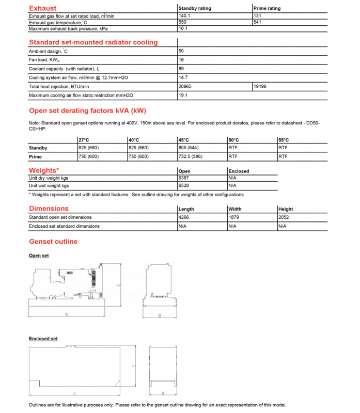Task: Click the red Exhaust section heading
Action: pos(43,8)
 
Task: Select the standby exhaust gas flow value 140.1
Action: pos(185,16)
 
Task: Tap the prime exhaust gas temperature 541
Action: pos(258,22)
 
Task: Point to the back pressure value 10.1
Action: pos(183,29)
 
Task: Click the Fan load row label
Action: pos(44,60)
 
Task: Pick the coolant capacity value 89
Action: pos(181,69)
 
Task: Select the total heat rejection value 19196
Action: pos(260,86)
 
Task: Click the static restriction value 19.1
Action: pos(183,95)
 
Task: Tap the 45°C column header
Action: pos(184,140)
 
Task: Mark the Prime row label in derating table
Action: pos(35,156)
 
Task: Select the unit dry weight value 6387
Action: pos(184,178)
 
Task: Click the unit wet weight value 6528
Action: pos(184,185)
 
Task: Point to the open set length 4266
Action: pos(184,217)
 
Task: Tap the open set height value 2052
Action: pos(285,217)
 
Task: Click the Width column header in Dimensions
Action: pos(234,209)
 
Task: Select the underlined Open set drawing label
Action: pos(39,256)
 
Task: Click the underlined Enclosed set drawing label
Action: pos(43,339)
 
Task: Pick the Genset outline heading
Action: pos(53,242)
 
